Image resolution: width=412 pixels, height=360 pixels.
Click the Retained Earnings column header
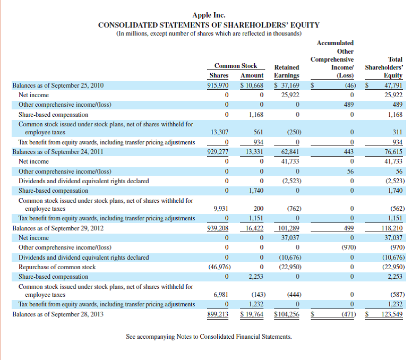[287, 71]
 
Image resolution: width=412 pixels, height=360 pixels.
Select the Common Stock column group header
[235, 66]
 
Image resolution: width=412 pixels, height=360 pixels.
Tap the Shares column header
[219, 76]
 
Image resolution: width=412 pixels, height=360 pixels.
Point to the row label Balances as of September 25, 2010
[58, 85]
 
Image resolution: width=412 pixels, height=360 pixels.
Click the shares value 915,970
[218, 85]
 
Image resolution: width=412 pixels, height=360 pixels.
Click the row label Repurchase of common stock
[57, 267]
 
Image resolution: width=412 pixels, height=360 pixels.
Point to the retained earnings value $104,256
[287, 314]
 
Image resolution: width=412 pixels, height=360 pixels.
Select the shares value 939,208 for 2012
[218, 228]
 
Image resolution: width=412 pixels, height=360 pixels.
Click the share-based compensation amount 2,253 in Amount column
[255, 276]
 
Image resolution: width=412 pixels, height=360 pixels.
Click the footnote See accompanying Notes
[209, 336]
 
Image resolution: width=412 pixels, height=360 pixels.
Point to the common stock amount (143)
[256, 295]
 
